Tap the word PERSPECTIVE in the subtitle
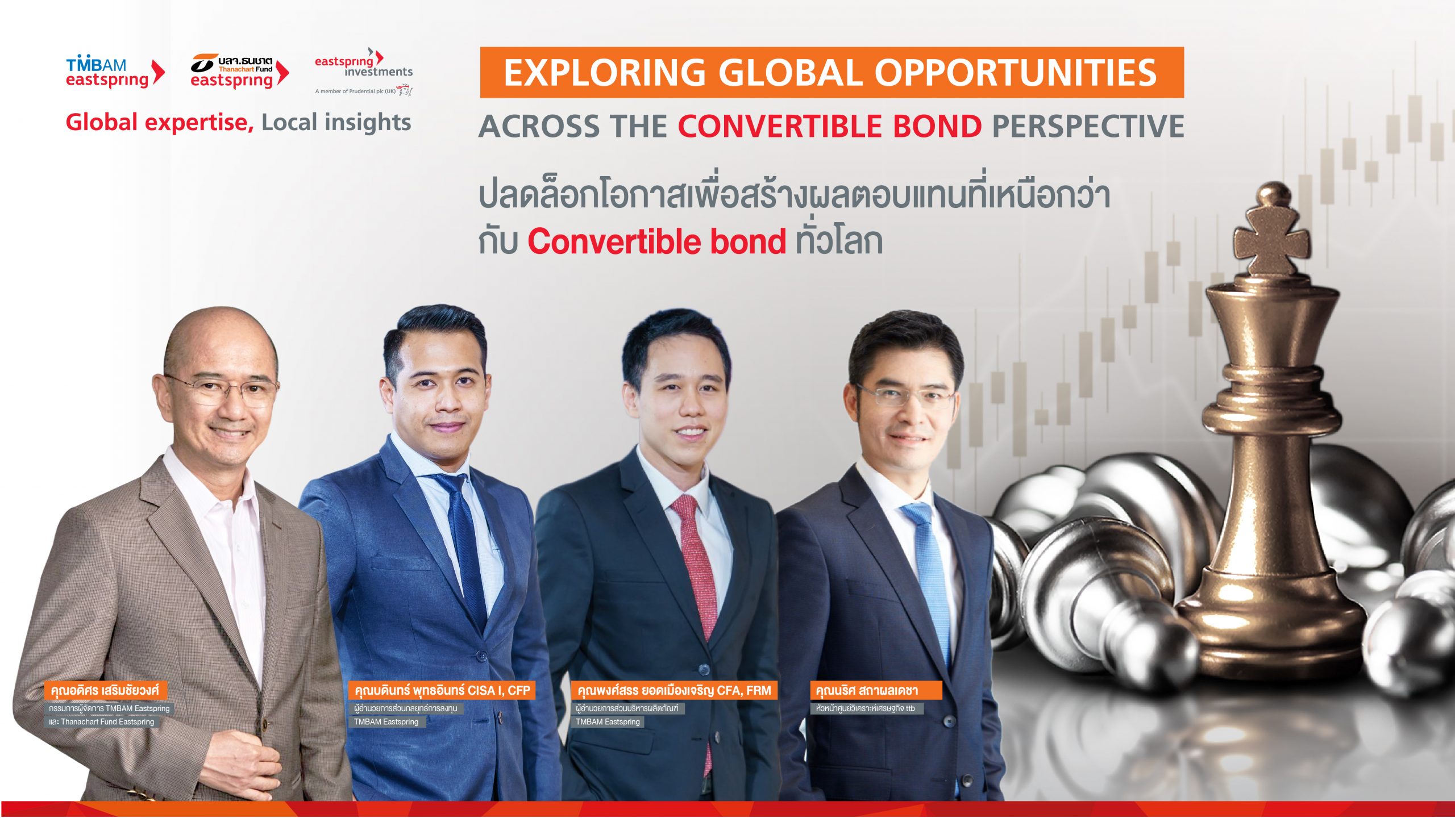click(x=1088, y=126)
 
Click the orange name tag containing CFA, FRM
click(x=674, y=690)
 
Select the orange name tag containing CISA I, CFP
click(x=442, y=690)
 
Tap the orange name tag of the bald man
click(x=105, y=690)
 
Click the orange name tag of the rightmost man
click(x=875, y=690)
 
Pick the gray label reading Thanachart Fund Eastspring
click(x=102, y=722)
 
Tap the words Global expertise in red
click(x=160, y=123)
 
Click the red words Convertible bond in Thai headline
click(x=656, y=242)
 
